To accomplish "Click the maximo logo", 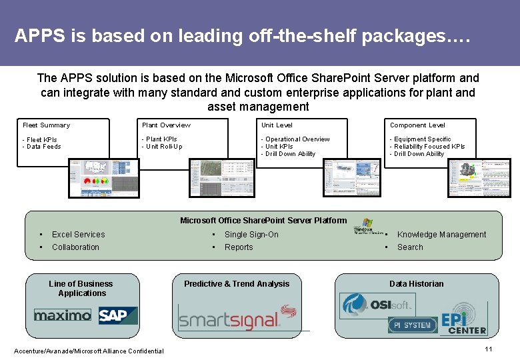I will (63, 315).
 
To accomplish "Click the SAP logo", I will (117, 315).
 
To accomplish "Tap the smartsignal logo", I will (237, 317).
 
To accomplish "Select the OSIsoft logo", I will (377, 305).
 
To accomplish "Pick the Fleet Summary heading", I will (46, 125).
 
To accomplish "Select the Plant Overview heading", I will (166, 125).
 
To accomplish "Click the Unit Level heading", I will (277, 125).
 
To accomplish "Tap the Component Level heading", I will (417, 125).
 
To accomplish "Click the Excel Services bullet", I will (78, 235).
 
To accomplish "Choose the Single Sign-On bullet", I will (251, 235).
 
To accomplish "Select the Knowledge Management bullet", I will (441, 235).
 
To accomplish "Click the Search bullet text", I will (410, 247).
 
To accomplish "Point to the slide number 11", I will (488, 350).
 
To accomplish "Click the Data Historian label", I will (416, 284).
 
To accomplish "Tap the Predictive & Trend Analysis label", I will (237, 284).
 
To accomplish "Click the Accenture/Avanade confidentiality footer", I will (89, 351).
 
